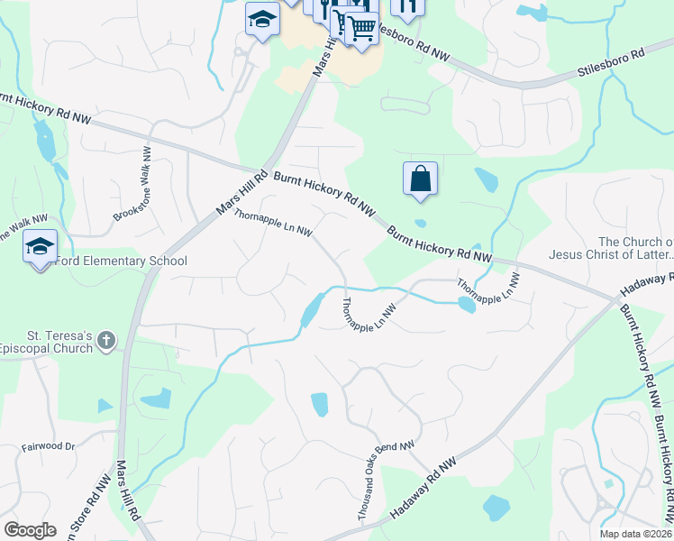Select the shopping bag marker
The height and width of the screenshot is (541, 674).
pyautogui.click(x=421, y=179)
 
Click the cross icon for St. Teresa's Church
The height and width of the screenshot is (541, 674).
pyautogui.click(x=107, y=341)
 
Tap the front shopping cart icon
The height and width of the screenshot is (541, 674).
pyautogui.click(x=361, y=29)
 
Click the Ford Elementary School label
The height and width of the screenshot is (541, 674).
pyautogui.click(x=121, y=261)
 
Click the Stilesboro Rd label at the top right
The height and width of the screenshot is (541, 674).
pyautogui.click(x=613, y=54)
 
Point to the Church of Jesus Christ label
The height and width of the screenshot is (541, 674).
pyautogui.click(x=635, y=249)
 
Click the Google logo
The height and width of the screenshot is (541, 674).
pyautogui.click(x=29, y=530)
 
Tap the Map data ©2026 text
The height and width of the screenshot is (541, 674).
pyautogui.click(x=635, y=534)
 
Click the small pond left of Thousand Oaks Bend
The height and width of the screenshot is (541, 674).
pyautogui.click(x=319, y=405)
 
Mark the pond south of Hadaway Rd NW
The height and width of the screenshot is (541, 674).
pyautogui.click(x=496, y=508)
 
